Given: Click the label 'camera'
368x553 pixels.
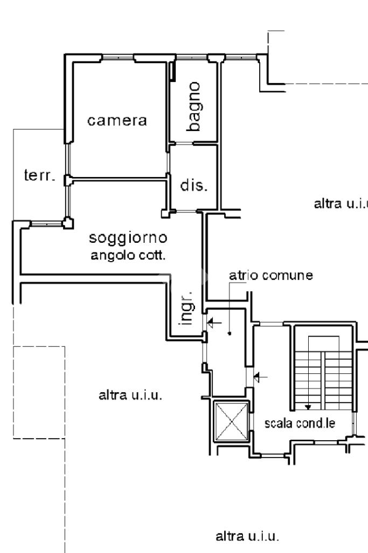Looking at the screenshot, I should (117, 121).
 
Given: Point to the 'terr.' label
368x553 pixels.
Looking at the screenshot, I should (40, 175).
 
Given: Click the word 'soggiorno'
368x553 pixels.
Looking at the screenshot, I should (129, 237).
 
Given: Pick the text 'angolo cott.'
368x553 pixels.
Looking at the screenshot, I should (128, 255).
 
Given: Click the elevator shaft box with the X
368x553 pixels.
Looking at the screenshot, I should (231, 421).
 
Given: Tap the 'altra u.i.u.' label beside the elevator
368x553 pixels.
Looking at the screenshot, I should (131, 395).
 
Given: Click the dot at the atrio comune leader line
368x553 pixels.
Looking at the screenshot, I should (230, 333).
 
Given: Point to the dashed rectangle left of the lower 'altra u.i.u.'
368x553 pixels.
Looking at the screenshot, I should (39, 392).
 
